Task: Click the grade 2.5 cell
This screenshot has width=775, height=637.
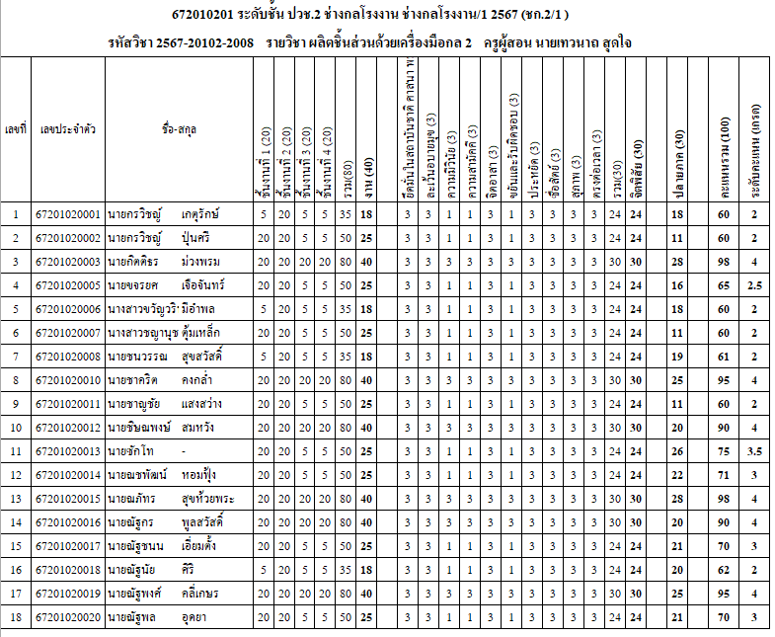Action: pyautogui.click(x=754, y=285)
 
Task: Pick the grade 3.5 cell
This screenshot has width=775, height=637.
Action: pyautogui.click(x=754, y=451)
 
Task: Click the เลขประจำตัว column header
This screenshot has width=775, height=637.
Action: pyautogui.click(x=67, y=129)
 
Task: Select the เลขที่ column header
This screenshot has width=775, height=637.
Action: pyautogui.click(x=15, y=129)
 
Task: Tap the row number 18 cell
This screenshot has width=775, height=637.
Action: pyautogui.click(x=15, y=617)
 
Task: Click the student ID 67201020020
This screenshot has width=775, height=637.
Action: pyautogui.click(x=67, y=617)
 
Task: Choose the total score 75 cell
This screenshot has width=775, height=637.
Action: pyautogui.click(x=723, y=451)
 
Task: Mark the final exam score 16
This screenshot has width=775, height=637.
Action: pyautogui.click(x=677, y=285)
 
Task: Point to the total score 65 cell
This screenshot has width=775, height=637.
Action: pyautogui.click(x=723, y=285)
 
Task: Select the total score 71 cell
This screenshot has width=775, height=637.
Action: pyautogui.click(x=723, y=475)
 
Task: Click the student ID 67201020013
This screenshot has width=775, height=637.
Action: pyautogui.click(x=67, y=451)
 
